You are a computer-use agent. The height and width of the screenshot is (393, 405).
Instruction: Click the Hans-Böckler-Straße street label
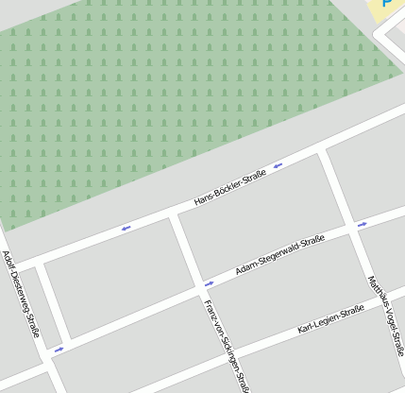pos(230,189)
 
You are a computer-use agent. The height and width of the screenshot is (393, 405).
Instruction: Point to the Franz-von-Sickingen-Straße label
pos(227,346)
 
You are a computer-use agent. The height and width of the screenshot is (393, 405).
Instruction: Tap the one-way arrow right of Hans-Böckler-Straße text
pos(278,166)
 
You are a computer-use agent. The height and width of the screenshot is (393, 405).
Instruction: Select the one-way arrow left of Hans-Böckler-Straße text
pos(126,228)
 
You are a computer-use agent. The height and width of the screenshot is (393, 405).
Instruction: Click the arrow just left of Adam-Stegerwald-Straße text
pos(209,282)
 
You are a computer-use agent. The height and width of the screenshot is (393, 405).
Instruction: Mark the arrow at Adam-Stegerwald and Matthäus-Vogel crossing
pos(362,225)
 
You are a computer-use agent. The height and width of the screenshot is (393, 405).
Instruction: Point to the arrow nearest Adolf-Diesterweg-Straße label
pos(59,349)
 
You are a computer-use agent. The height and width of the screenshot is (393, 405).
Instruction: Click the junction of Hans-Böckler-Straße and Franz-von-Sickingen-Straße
pos(173,218)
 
